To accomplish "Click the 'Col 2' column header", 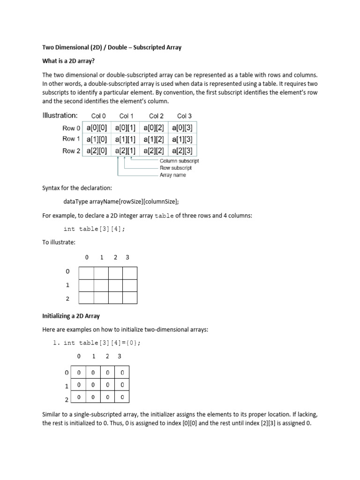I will (x=156, y=116).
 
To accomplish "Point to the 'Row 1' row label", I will (x=71, y=139).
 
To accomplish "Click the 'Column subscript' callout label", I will (x=179, y=161).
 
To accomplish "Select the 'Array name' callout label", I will (x=172, y=175).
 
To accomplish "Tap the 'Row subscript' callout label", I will (x=175, y=168).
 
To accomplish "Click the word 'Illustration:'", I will (x=60, y=115).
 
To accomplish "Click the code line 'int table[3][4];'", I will (x=94, y=229).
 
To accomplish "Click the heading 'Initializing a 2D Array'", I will (x=71, y=316).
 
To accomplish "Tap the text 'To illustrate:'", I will (x=59, y=242).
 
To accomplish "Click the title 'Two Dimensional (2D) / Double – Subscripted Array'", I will (x=112, y=47).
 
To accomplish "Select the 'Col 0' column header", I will (x=98, y=116).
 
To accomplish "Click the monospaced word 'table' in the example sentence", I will (x=164, y=216).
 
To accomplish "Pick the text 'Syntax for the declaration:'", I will (x=77, y=188).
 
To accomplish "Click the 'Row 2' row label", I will (x=71, y=151).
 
